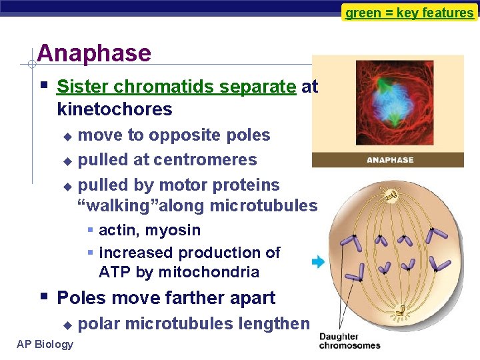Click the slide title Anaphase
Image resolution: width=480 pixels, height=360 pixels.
[x=94, y=53]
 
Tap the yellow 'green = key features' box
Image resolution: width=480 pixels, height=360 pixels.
[x=409, y=13]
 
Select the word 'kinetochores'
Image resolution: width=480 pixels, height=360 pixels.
[x=115, y=109]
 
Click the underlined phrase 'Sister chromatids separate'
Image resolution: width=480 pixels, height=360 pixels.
[x=176, y=87]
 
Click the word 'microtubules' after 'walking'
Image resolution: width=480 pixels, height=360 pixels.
[x=263, y=206]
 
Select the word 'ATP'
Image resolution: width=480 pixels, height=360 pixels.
[x=113, y=272]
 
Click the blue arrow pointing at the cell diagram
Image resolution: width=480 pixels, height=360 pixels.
[x=318, y=262]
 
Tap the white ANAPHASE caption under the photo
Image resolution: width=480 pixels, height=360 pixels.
[x=390, y=160]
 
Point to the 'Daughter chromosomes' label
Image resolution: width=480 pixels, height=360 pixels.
[x=349, y=341]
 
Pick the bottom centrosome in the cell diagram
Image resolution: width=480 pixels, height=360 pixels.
[x=400, y=311]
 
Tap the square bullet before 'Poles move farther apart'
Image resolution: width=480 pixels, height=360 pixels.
[x=43, y=297]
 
